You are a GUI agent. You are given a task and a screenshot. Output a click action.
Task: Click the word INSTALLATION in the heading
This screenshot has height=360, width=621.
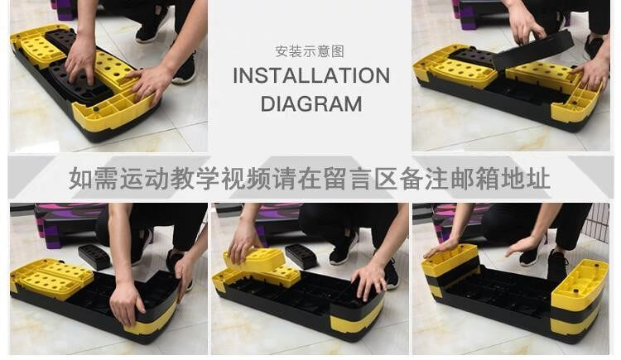311,75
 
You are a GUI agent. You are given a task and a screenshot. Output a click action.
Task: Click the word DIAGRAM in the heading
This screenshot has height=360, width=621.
311,104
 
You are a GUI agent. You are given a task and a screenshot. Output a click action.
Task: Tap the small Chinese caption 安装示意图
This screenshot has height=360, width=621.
310,51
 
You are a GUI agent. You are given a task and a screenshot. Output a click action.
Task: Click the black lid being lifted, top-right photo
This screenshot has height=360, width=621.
532,50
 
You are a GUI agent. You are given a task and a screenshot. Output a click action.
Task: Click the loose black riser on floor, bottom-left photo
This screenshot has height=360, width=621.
94,257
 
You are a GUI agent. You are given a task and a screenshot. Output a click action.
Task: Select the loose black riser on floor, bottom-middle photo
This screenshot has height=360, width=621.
301,256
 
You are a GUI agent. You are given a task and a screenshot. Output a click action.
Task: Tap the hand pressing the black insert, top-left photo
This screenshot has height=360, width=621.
81,59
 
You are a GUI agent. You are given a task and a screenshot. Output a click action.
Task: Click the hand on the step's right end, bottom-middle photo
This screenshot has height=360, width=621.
369,280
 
